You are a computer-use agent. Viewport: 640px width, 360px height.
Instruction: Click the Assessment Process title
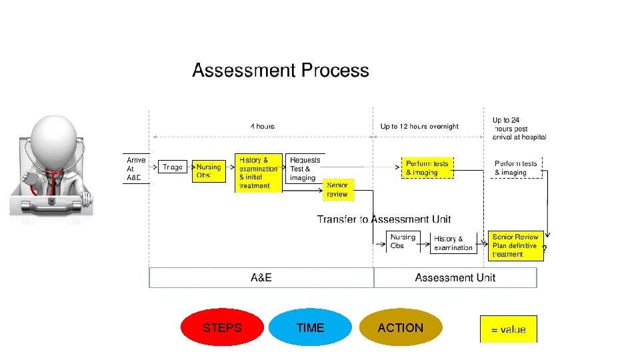[280, 70]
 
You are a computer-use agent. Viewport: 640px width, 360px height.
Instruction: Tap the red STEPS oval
[222, 327]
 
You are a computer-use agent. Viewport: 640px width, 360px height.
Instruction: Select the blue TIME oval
[310, 327]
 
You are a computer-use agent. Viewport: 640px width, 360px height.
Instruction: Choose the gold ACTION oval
[400, 327]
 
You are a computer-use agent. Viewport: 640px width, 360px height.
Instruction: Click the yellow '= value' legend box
[508, 329]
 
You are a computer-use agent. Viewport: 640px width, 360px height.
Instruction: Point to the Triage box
[172, 167]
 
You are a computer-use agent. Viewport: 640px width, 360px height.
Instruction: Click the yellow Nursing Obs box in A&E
[209, 171]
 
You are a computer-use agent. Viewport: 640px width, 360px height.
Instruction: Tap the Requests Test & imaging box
[305, 169]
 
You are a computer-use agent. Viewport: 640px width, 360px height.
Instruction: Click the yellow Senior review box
[337, 189]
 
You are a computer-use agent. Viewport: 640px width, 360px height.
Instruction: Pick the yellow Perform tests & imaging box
[427, 168]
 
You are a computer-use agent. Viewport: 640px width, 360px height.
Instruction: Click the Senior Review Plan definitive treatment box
[515, 245]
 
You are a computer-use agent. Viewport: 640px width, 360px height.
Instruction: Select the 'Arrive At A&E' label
[136, 169]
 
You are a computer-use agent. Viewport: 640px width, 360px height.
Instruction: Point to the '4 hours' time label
[263, 126]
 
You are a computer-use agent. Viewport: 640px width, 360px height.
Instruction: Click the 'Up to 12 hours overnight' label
[419, 126]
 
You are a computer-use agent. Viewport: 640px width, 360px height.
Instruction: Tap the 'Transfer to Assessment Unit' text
[383, 219]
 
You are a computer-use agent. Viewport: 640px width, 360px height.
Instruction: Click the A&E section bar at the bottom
[260, 277]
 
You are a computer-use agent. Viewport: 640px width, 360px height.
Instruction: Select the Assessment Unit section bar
[455, 277]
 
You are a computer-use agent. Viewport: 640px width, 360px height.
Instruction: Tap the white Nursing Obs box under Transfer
[403, 241]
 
